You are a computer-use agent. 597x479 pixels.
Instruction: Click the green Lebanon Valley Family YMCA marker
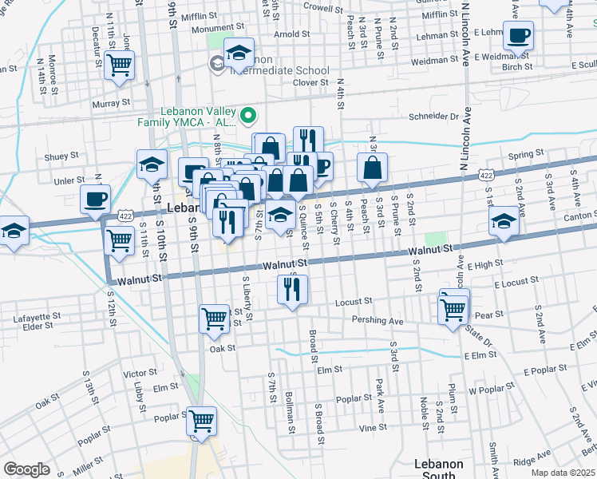click(248, 117)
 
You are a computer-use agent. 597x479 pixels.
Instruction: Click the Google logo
click(26, 469)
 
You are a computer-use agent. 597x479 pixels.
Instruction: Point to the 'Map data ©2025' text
click(563, 473)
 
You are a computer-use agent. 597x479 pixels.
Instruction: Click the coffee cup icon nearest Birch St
click(518, 36)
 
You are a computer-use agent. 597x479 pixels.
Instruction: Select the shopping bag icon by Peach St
click(373, 168)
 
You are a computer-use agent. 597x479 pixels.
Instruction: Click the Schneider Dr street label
click(432, 116)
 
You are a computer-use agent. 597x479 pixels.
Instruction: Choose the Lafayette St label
click(33, 317)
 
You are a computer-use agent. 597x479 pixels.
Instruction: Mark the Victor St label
click(140, 373)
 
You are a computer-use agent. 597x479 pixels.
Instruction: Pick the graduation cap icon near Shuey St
click(151, 165)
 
